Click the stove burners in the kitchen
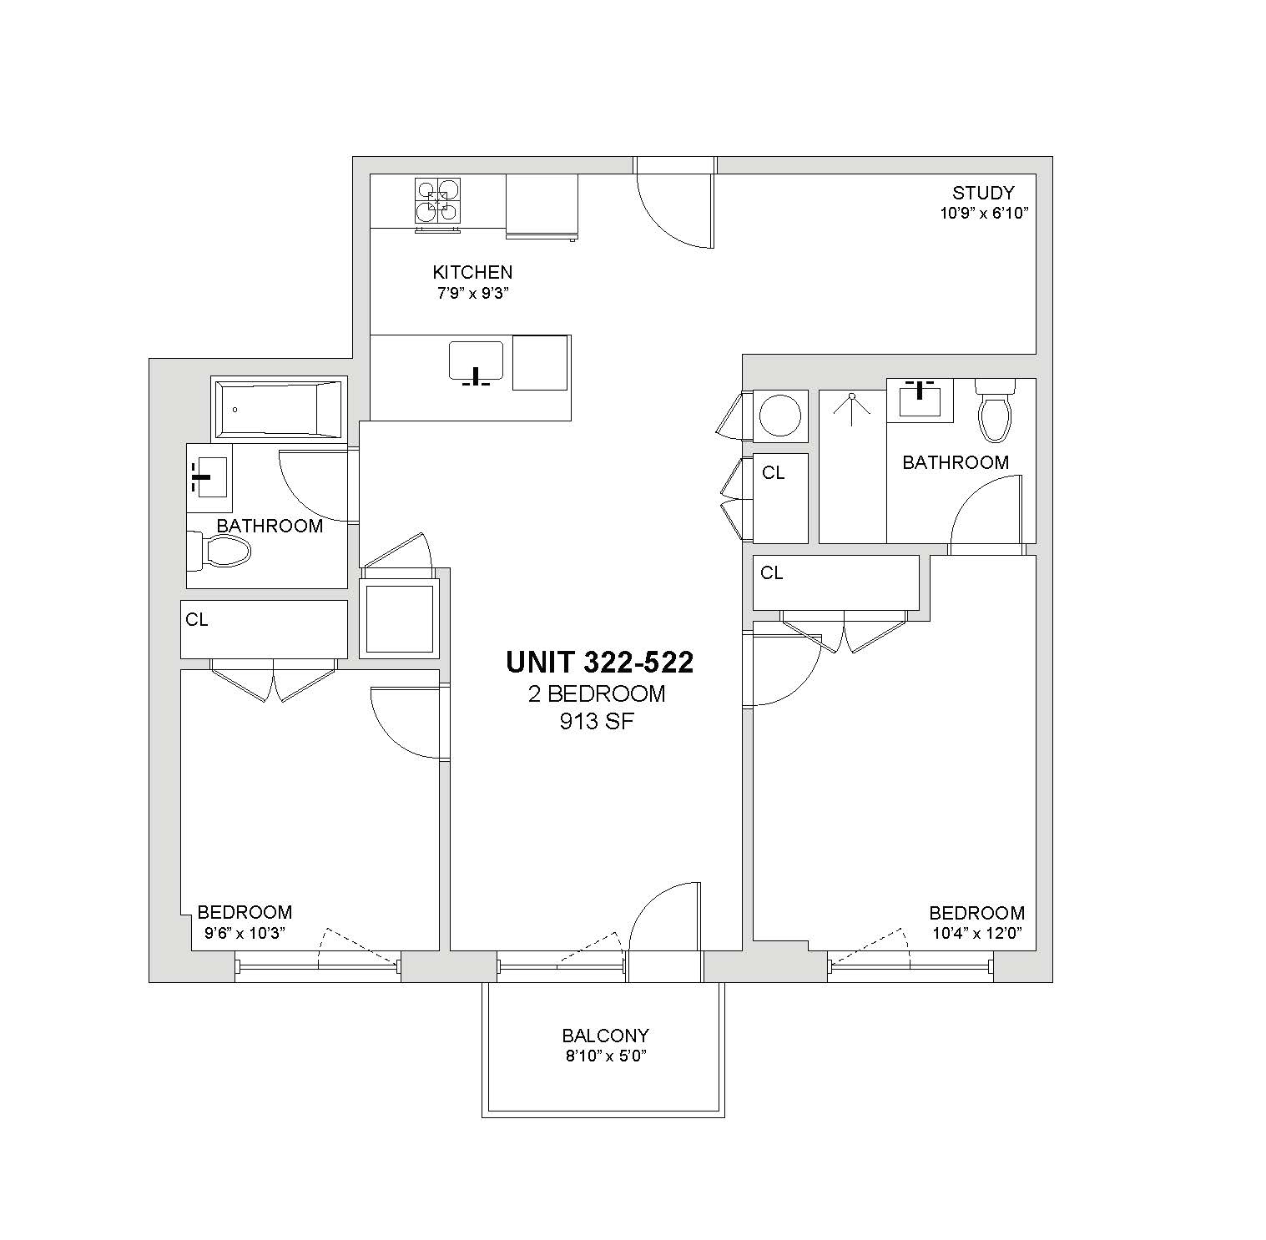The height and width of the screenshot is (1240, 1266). pos(437,201)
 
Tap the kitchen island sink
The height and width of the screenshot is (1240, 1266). pos(476,364)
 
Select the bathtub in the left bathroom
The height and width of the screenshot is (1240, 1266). pos(279,409)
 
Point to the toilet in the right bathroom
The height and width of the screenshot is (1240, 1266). pos(995,411)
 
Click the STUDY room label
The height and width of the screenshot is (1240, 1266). pos(983,194)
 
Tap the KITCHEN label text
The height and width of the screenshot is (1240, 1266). pos(472,272)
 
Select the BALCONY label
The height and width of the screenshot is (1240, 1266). pos(605,1036)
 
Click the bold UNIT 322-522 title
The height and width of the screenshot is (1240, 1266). pos(600,663)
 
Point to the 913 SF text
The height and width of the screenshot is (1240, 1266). pos(597,722)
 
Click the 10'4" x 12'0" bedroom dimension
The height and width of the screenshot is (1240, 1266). pos(977,933)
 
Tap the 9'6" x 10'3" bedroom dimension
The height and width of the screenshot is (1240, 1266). pos(245,933)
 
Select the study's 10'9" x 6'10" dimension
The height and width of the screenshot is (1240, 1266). pos(984,213)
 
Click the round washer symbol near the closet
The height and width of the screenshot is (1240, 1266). pos(780,415)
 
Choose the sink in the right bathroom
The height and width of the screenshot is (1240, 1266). pos(920,400)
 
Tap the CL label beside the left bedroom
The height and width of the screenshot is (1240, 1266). pos(197,620)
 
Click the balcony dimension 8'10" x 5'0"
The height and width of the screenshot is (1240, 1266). pos(605,1056)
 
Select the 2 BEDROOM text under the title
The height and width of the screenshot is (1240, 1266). pos(597,693)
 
